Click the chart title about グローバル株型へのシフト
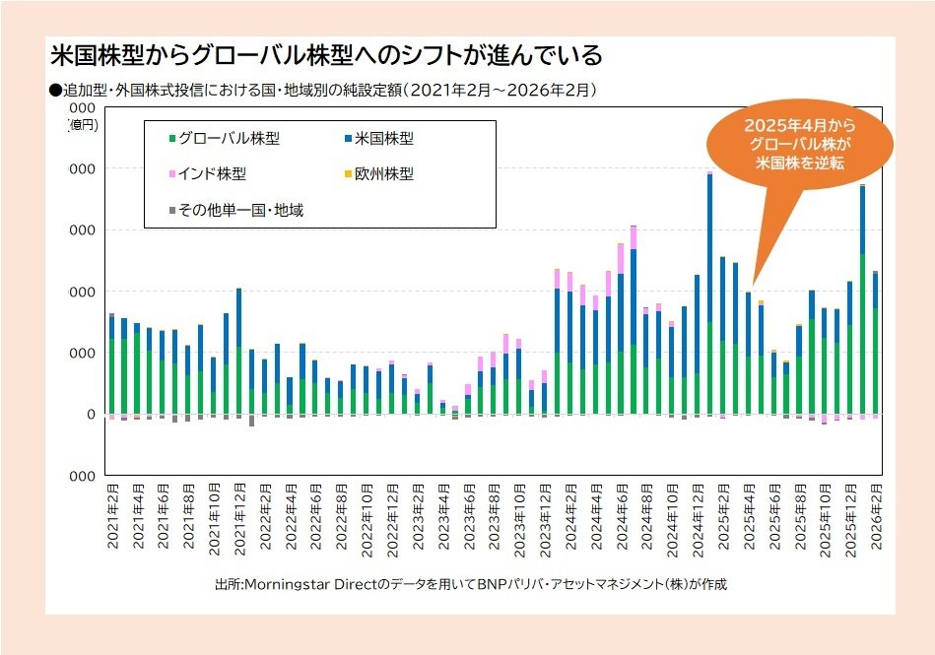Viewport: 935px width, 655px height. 325,55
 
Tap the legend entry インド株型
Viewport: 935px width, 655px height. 212,174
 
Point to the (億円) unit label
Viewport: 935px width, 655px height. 84,125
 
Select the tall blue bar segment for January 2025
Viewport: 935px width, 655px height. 709,246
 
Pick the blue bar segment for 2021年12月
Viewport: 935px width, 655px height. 239,317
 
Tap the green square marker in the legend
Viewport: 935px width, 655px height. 172,139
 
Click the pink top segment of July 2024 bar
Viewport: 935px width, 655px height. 634,237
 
